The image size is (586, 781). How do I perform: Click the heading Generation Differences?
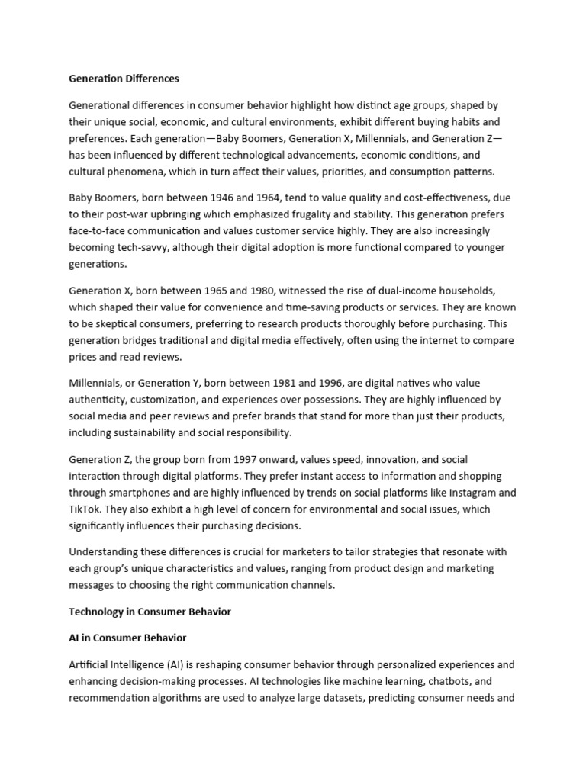pos(124,79)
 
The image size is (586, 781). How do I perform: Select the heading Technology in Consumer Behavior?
pos(150,612)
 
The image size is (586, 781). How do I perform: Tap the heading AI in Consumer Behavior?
pos(127,637)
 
